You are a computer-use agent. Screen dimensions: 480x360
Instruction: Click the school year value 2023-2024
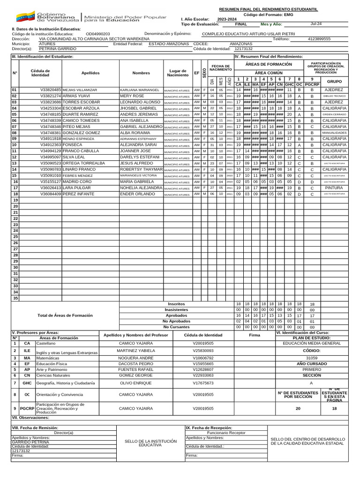point(227,19)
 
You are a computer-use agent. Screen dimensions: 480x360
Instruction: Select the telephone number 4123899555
point(319,39)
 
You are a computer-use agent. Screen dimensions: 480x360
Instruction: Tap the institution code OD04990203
point(98,34)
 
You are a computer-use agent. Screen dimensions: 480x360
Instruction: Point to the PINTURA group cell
point(334,187)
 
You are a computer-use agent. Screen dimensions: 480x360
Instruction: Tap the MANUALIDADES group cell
point(334,133)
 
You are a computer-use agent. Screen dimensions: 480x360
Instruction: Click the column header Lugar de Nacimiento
point(178,73)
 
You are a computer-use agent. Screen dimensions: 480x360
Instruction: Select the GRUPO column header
point(334,81)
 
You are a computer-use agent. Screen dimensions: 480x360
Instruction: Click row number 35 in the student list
point(15,298)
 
